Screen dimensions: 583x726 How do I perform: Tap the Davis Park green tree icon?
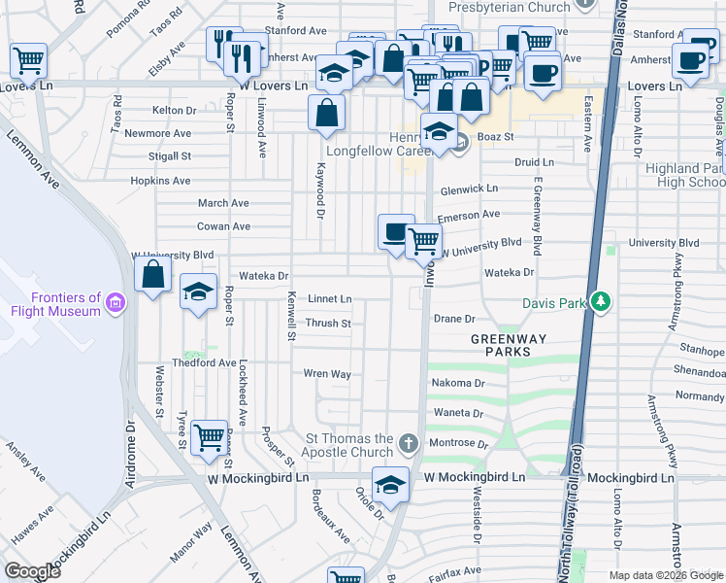[x=602, y=303]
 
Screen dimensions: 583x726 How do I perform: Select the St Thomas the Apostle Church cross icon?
[x=410, y=445]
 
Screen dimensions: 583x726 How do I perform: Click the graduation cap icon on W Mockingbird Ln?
[x=390, y=485]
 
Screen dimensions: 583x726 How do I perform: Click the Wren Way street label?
[x=326, y=373]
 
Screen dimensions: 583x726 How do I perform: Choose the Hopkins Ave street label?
[x=161, y=181]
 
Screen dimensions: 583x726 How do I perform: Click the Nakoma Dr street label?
[x=457, y=383]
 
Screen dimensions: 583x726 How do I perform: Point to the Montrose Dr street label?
[x=458, y=443]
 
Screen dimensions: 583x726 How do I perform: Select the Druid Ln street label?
[x=534, y=162]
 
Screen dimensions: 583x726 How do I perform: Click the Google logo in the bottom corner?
[x=32, y=570]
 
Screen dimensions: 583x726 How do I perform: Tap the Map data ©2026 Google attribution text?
[x=666, y=575]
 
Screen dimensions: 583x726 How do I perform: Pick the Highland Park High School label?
[x=690, y=174]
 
